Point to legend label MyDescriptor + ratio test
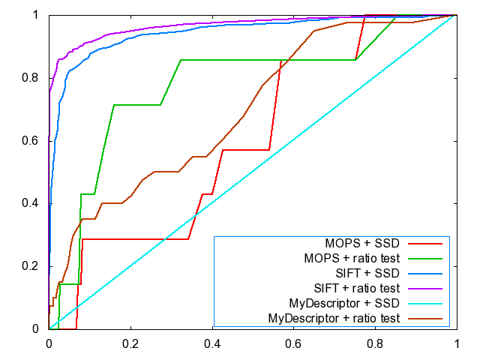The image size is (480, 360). tap(333, 319)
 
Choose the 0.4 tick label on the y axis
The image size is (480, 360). tap(33, 203)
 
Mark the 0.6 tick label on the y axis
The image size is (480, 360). tap(33, 140)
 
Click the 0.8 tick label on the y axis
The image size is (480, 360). tap(33, 77)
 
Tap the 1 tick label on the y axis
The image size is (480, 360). tap(37, 14)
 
